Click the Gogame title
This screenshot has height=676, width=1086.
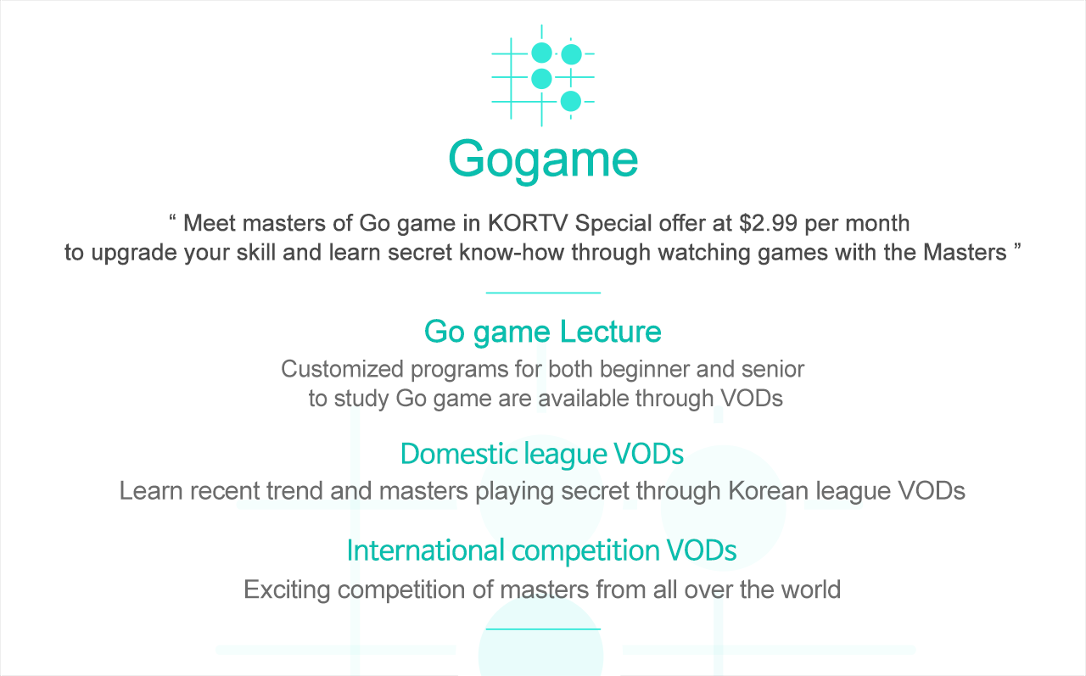[543, 160]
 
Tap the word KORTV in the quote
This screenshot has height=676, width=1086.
[528, 223]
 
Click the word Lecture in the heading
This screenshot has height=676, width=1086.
[610, 332]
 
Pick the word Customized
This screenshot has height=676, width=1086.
[342, 369]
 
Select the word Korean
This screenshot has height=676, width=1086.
[768, 491]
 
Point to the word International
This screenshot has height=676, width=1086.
[426, 550]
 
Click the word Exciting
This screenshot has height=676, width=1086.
[287, 590]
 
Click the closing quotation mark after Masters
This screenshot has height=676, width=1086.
[1017, 246]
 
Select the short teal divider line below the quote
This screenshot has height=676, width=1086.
[543, 293]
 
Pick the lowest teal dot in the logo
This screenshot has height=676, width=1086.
[571, 101]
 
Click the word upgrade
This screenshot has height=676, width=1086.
[134, 253]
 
